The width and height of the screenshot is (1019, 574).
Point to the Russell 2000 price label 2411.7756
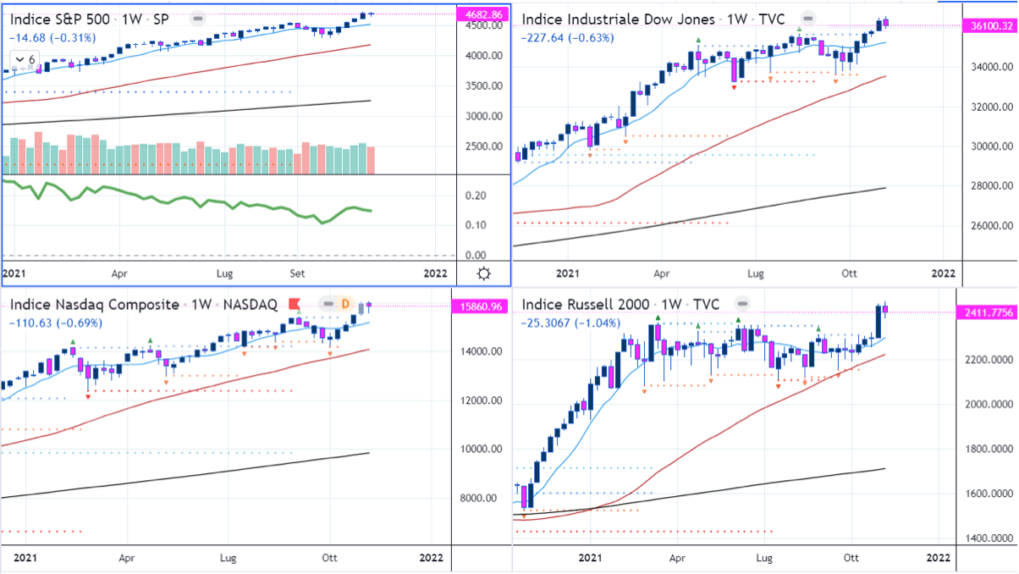[x=990, y=313]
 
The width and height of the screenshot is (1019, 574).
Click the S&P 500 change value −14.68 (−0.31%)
[x=52, y=37]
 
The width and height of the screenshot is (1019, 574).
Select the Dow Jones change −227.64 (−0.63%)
[x=568, y=37]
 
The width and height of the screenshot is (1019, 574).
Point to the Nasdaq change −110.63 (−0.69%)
[x=55, y=323]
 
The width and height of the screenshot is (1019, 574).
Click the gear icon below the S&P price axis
[x=483, y=273]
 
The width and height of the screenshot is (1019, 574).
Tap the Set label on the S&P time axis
[x=297, y=273]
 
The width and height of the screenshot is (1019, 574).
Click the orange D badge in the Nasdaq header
[x=345, y=304]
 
